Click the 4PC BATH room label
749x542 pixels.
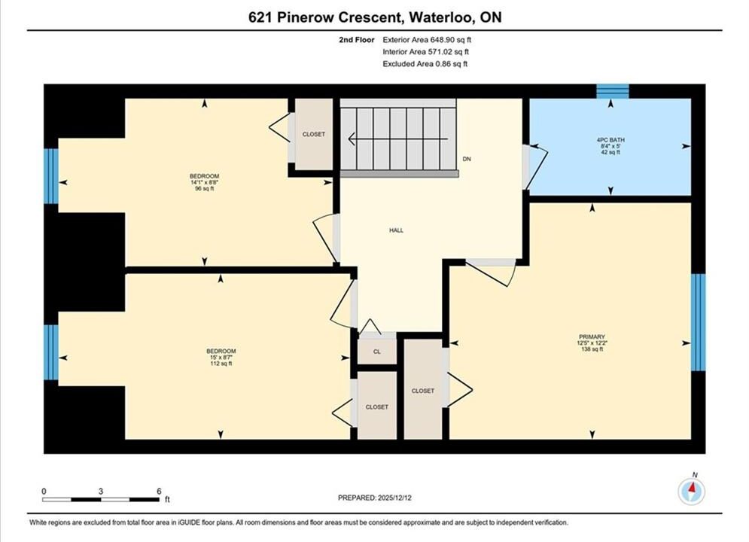[x=610, y=140]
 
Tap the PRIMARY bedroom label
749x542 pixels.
[x=592, y=336]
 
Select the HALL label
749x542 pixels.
[x=396, y=230]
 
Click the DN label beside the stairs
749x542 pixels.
[x=467, y=159]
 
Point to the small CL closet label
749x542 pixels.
[x=377, y=352]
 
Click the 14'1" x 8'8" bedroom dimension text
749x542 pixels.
[x=205, y=182]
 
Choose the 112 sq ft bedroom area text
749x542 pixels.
[x=221, y=364]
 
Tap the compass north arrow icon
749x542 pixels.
[x=691, y=490]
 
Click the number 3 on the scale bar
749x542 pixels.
[x=101, y=491]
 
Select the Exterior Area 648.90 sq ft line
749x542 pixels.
[x=427, y=40]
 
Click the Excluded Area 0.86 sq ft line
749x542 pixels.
[x=425, y=63]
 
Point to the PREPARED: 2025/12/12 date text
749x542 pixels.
[x=375, y=498]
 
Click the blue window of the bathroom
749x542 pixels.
[x=613, y=91]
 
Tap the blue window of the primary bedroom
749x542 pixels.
[x=698, y=322]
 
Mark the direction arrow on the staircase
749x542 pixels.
[x=398, y=139]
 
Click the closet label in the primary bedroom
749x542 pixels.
[x=423, y=391]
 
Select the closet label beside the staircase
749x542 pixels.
[x=313, y=134]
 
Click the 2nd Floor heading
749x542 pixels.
[x=357, y=40]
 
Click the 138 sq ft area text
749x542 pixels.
[x=592, y=349]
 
